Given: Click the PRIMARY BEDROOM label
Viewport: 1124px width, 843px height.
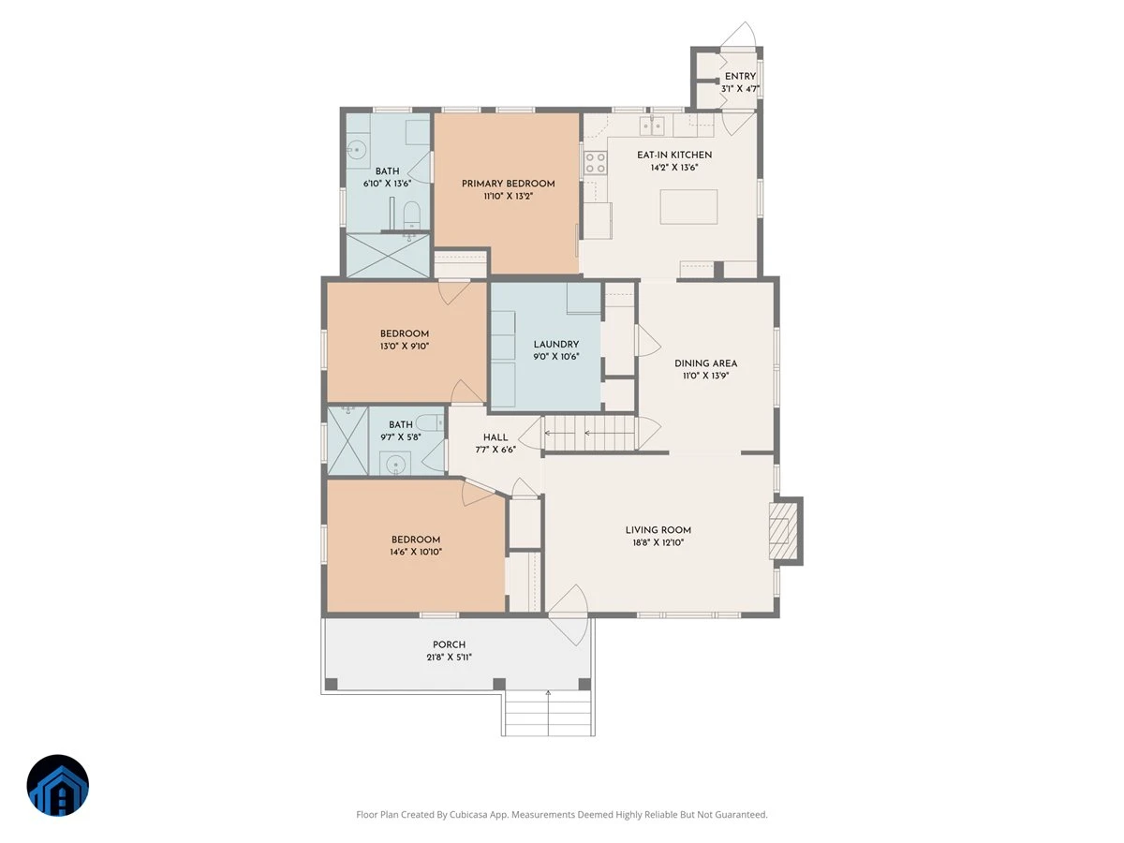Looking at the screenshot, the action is tap(508, 184).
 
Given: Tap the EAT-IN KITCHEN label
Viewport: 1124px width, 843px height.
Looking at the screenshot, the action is tap(674, 155).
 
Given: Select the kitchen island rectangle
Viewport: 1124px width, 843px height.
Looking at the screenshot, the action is tap(688, 207).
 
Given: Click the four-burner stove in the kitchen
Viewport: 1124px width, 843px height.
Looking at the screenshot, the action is tap(596, 163).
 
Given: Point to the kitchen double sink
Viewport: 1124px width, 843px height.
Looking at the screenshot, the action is tap(652, 126).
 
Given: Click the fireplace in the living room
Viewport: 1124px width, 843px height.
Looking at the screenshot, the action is tap(783, 531).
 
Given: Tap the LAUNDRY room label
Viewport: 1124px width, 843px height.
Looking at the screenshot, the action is tap(556, 345).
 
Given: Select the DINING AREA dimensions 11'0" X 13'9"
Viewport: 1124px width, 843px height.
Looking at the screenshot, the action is tap(705, 376).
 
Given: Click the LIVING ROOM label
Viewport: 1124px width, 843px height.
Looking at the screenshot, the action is tap(658, 530).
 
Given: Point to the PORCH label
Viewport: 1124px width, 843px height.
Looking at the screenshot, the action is tap(449, 645).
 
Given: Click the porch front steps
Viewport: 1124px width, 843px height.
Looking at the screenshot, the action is tap(548, 713).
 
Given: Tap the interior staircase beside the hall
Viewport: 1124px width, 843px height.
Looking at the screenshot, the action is tap(589, 433).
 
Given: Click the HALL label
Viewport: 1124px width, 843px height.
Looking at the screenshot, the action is tap(495, 437).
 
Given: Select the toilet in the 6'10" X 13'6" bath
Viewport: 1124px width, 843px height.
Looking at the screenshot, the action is tap(411, 215).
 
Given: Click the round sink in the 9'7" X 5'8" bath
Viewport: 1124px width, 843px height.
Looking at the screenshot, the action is tap(396, 465).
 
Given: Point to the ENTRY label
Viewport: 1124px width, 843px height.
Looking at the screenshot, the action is tap(740, 76).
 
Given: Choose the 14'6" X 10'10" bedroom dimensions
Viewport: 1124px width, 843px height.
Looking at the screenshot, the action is tap(416, 552).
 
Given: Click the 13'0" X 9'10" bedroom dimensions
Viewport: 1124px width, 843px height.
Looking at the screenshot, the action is tap(405, 346).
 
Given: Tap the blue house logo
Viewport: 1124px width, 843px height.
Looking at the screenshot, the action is tap(58, 785).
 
